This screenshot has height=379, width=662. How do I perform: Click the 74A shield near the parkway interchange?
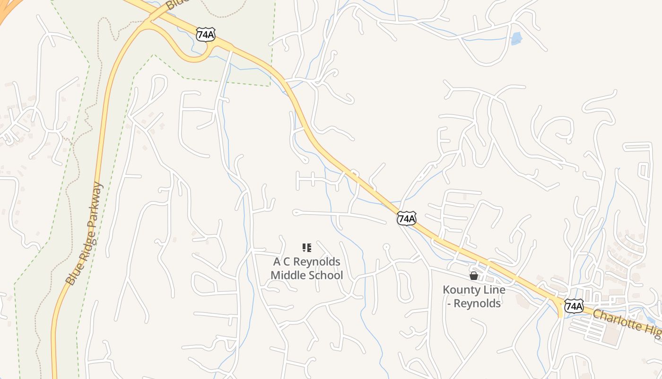pos(206,34)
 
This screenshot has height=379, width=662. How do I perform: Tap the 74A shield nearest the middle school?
pos(406,218)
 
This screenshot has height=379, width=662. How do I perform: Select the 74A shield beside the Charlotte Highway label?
pos(574,307)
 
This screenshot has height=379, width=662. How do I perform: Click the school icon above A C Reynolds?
pos(306,247)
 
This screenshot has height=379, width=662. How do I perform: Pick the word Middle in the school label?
pos(288,275)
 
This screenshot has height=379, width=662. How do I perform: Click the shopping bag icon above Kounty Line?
pos(473,275)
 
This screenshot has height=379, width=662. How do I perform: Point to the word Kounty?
pos(460,289)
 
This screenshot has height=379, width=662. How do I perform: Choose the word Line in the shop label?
pos(493,289)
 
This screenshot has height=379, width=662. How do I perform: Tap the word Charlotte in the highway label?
pos(612,320)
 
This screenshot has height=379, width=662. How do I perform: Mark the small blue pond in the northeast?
pos(516,38)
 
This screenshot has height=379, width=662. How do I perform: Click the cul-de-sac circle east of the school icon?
pos(386,246)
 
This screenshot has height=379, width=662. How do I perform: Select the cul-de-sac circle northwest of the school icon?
pos(296,212)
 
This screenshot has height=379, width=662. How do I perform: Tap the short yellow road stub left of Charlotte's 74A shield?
pos(561,310)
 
